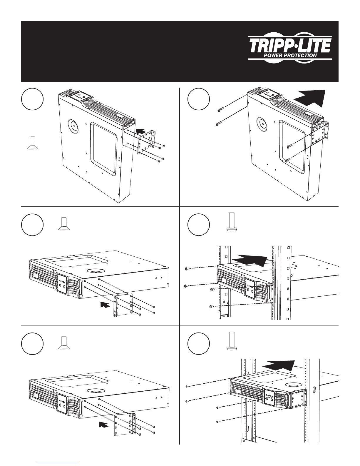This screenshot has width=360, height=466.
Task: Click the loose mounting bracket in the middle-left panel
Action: click(123, 306)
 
